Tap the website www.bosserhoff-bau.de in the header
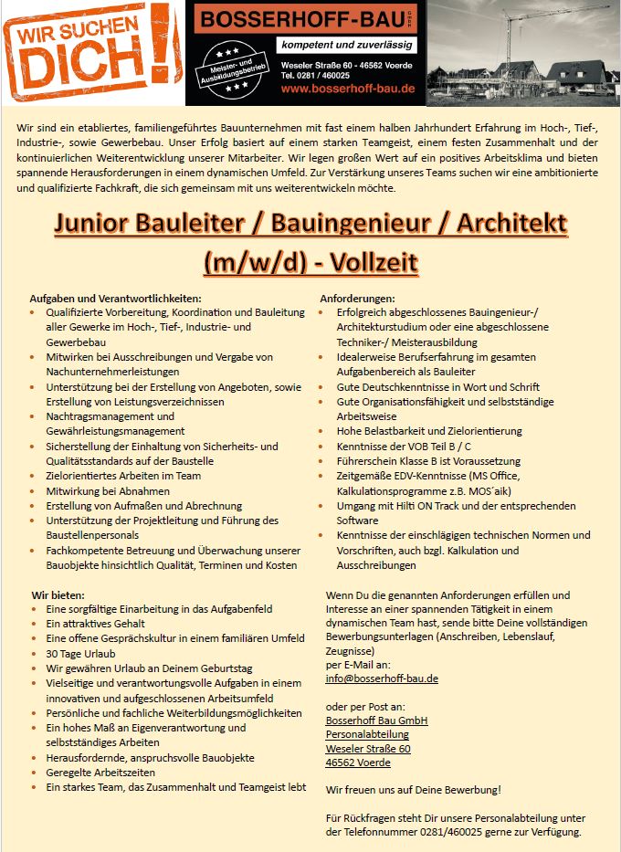click(348, 89)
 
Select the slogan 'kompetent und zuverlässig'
click(347, 45)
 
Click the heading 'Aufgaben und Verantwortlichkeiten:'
click(115, 298)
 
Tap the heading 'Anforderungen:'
click(357, 298)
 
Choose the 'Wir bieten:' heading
click(59, 594)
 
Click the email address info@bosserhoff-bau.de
click(382, 678)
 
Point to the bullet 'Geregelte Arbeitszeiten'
click(101, 772)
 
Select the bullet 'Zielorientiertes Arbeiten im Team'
click(123, 476)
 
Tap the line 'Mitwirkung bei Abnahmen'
click(108, 490)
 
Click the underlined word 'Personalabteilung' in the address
click(367, 734)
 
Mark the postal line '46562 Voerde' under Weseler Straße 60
click(358, 763)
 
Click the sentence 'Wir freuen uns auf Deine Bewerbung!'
click(413, 789)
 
